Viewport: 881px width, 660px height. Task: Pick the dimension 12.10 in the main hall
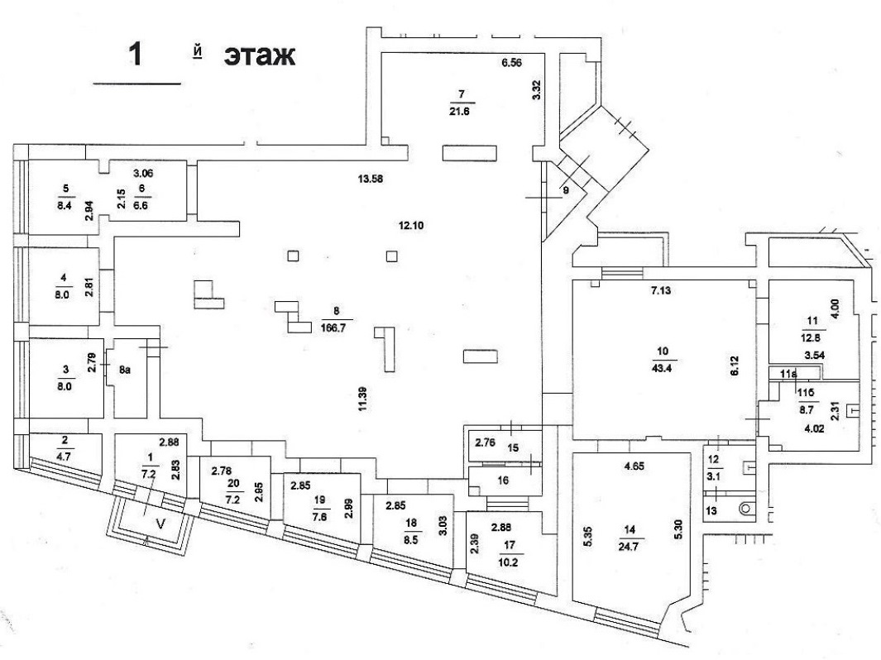point(407,224)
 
